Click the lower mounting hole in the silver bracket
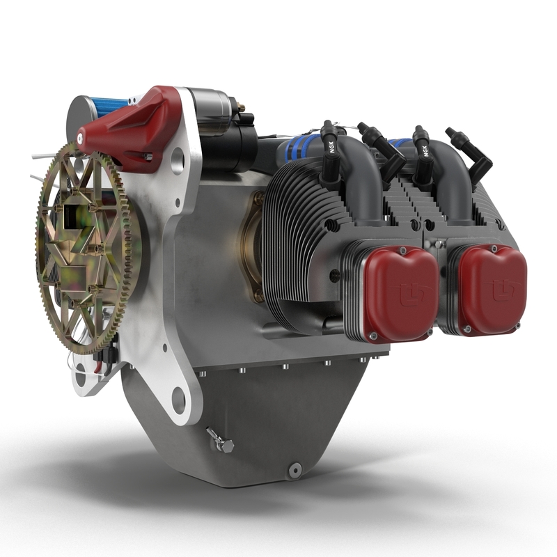pyautogui.click(x=178, y=400)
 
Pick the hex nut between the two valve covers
pyautogui.click(x=440, y=244)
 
